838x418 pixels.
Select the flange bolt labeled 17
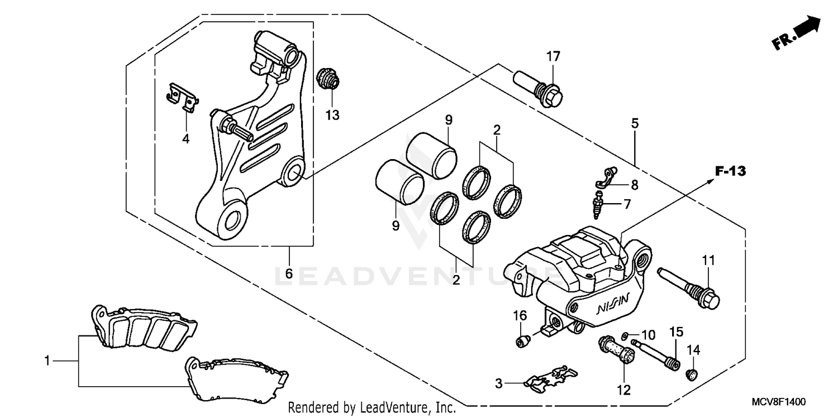pos(537,89)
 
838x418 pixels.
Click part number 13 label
pos(332,116)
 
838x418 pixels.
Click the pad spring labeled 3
pos(550,377)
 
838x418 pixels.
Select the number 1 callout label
pos(47,361)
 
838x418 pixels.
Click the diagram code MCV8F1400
pos(782,402)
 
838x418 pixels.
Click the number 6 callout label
pos(289,274)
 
